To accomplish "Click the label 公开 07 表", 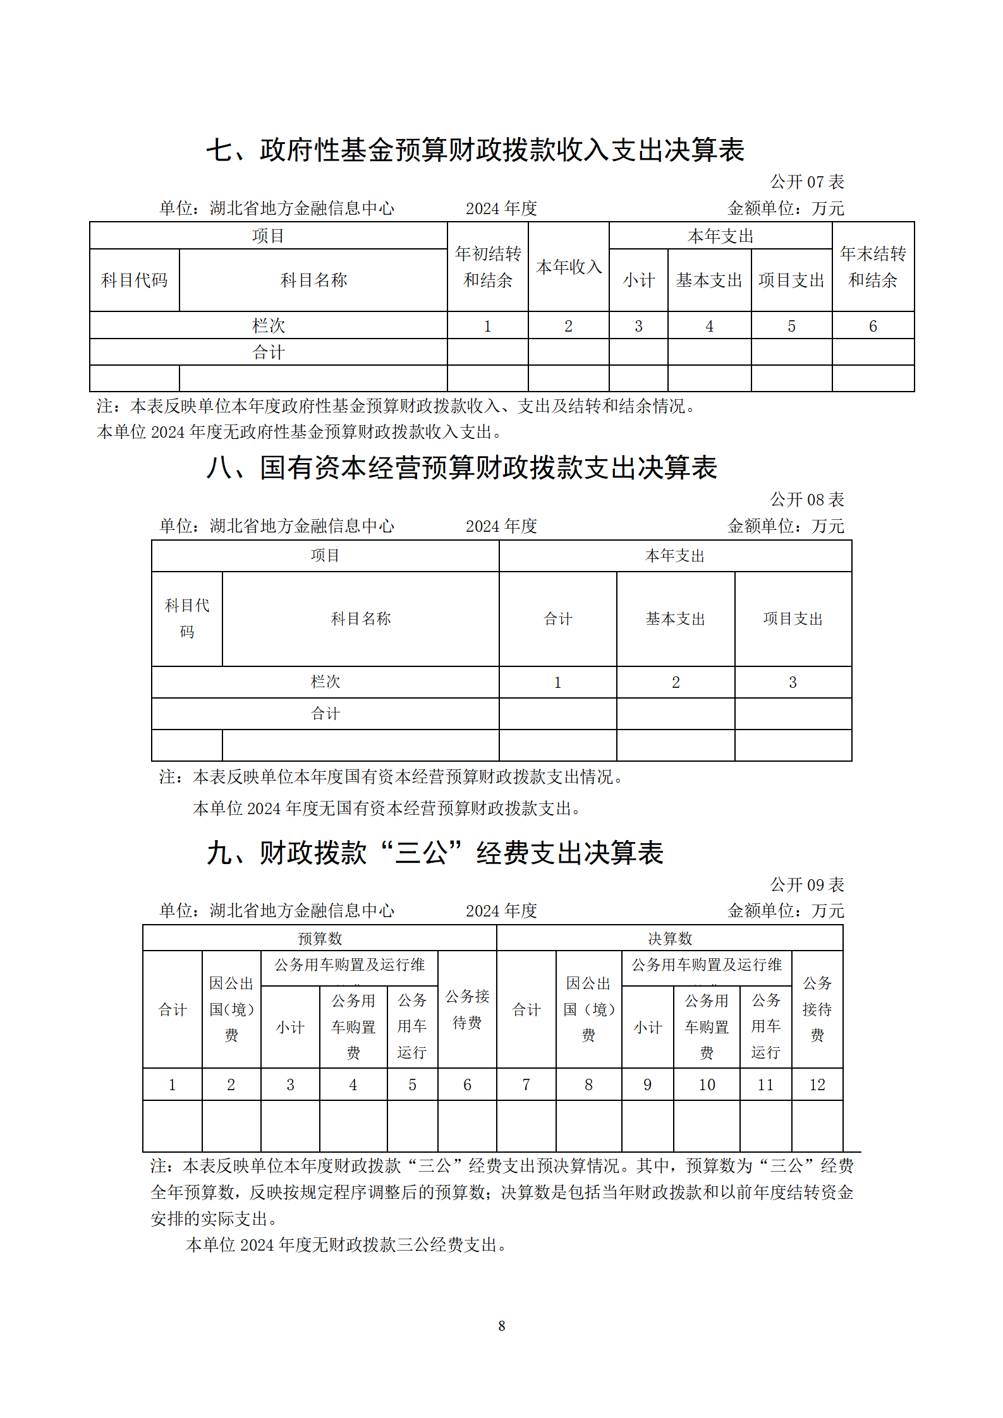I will [x=806, y=182].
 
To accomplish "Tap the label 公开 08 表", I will [x=806, y=500].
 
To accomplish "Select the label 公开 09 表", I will [x=806, y=885].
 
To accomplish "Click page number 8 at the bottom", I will [x=501, y=1326].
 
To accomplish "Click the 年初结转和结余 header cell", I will [x=487, y=267].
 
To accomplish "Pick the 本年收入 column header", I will [x=568, y=267].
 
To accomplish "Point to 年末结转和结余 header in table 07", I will [x=873, y=267].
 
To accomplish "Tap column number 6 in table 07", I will [x=873, y=326].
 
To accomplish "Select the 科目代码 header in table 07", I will [x=134, y=280].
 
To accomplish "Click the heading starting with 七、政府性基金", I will [x=475, y=150].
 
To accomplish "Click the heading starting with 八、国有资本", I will [x=461, y=468].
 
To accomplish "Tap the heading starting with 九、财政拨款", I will [x=435, y=853].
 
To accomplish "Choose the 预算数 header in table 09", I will [x=319, y=939].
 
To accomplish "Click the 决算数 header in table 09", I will [x=669, y=939].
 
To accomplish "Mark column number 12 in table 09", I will [x=817, y=1085].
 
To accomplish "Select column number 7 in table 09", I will [x=526, y=1085].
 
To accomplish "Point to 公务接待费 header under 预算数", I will [x=467, y=1009].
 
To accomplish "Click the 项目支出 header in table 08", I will [x=793, y=619].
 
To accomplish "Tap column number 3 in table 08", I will [x=793, y=682].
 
